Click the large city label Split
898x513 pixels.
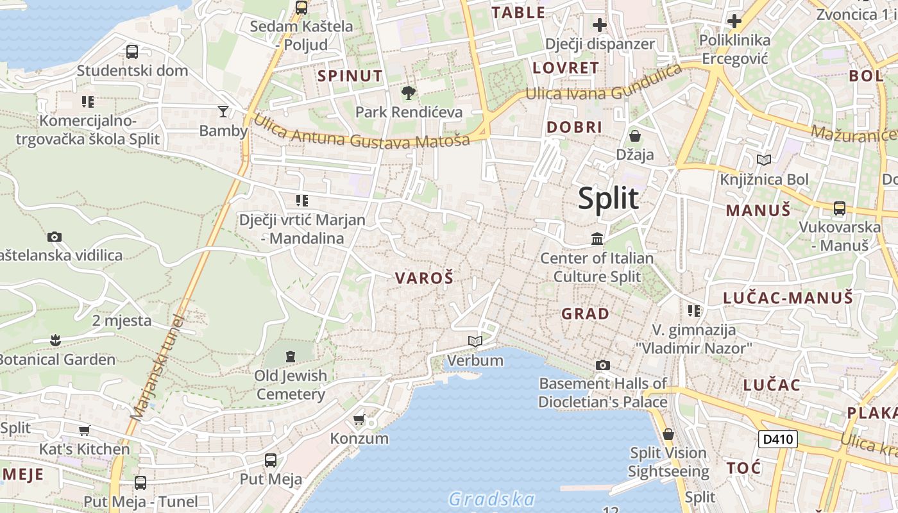tap(608, 199)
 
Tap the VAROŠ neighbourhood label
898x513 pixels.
tap(424, 278)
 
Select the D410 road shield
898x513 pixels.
tap(778, 439)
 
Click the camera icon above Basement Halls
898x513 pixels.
tap(602, 365)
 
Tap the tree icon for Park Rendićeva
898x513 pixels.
tap(408, 94)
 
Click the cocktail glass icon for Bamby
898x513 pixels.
tap(223, 112)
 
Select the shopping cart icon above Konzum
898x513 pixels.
tap(359, 420)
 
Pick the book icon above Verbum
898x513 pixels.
tap(475, 341)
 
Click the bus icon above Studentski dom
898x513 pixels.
tap(132, 52)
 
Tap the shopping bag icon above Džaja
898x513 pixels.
tap(635, 136)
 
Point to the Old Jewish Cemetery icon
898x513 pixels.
tap(291, 356)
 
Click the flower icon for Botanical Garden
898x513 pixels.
tap(55, 340)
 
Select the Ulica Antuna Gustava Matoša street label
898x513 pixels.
tap(362, 133)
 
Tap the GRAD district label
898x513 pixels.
tap(585, 314)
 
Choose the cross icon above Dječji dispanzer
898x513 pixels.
tap(600, 25)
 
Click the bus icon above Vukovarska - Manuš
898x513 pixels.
tap(839, 208)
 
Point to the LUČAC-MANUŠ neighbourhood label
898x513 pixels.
tap(788, 298)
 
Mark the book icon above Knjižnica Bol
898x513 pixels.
tap(764, 160)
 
